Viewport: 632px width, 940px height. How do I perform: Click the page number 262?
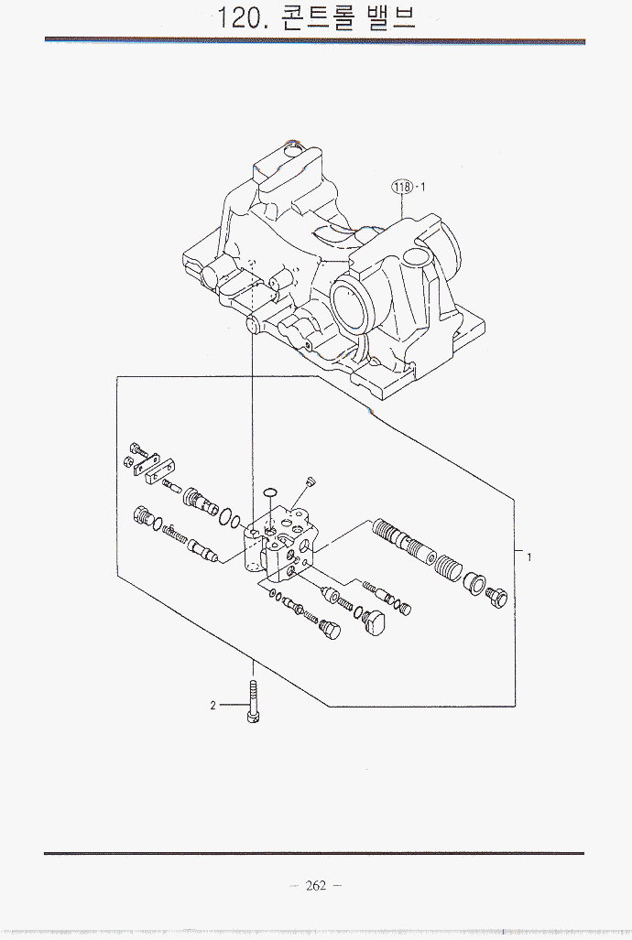point(317,885)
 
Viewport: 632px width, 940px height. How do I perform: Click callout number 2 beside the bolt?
point(212,706)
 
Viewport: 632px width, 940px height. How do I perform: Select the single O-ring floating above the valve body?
point(267,494)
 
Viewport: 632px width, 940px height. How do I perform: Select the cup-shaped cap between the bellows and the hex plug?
point(474,581)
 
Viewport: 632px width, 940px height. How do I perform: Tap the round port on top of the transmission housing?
point(293,150)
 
